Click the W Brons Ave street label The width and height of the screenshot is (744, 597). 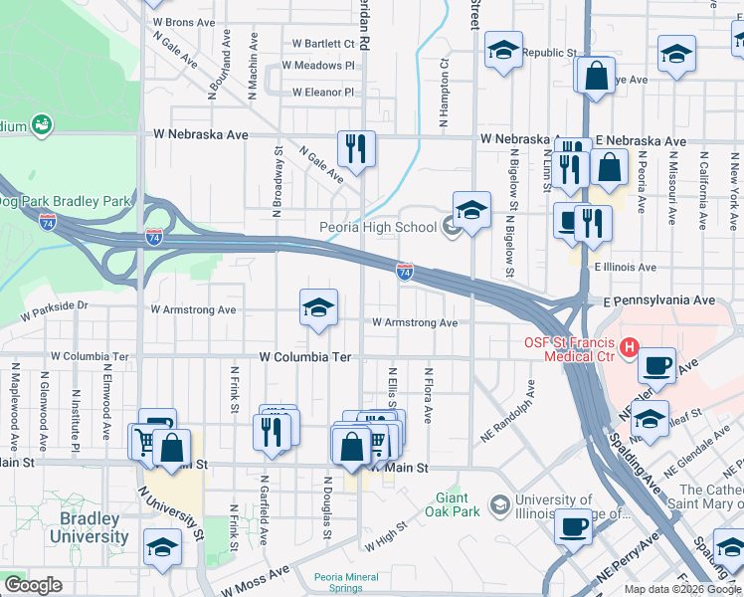click(x=183, y=22)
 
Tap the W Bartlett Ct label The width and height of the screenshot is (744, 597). click(x=323, y=44)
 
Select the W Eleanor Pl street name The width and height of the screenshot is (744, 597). click(x=322, y=93)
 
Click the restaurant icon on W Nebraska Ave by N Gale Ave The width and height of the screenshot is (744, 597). click(x=356, y=149)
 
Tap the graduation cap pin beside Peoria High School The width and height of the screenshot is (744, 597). click(x=472, y=210)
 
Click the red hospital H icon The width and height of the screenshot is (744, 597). click(x=629, y=347)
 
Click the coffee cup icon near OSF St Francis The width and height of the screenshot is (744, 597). click(x=657, y=365)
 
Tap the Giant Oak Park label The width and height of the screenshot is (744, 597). click(x=458, y=504)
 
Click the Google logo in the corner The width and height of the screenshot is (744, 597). click(x=34, y=585)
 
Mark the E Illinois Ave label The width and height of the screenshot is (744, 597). click(x=626, y=267)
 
